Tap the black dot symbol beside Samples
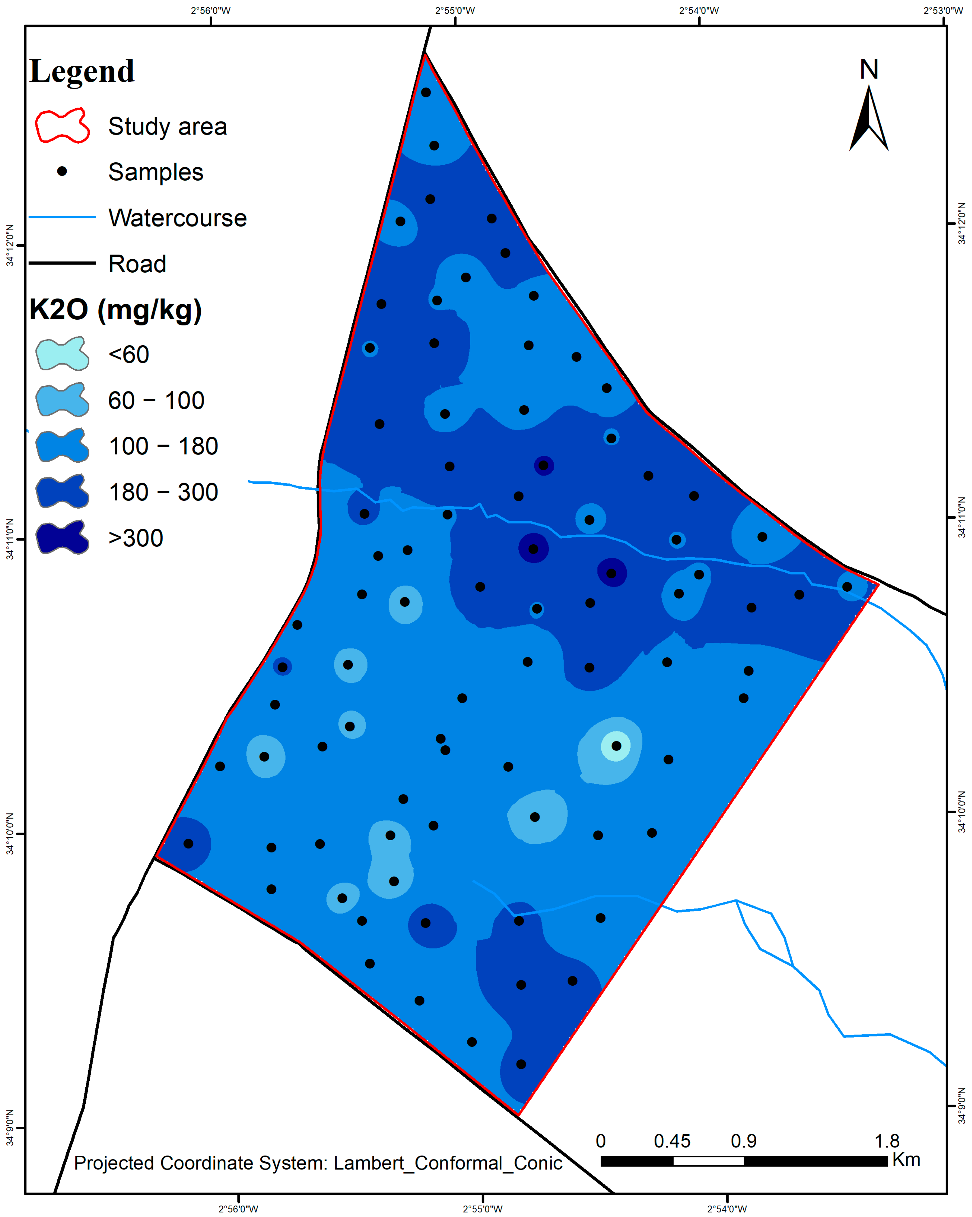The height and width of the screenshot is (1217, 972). point(62,171)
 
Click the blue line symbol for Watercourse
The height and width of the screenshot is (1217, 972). point(62,217)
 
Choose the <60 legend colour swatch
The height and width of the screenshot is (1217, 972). point(62,354)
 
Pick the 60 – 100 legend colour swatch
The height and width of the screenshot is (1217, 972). point(62,400)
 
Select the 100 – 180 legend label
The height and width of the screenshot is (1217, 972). point(163,446)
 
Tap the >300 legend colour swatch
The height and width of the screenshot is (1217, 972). point(62,537)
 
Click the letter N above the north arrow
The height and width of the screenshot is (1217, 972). point(869,70)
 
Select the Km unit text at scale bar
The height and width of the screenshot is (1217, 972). point(906,1159)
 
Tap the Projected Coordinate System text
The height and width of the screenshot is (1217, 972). point(318,1163)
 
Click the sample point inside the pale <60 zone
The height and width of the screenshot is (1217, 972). point(616,746)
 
